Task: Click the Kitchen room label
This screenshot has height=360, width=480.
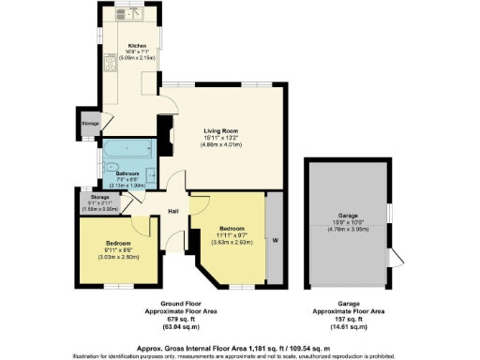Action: click(137, 44)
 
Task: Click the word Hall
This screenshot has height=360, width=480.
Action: click(173, 211)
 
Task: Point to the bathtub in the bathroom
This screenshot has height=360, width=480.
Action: click(126, 151)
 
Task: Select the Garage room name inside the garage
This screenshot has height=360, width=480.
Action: click(349, 215)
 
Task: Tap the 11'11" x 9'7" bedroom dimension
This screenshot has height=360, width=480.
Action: click(231, 234)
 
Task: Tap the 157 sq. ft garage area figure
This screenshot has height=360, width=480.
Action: click(349, 318)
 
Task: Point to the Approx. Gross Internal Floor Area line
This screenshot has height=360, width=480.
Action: click(240, 346)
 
